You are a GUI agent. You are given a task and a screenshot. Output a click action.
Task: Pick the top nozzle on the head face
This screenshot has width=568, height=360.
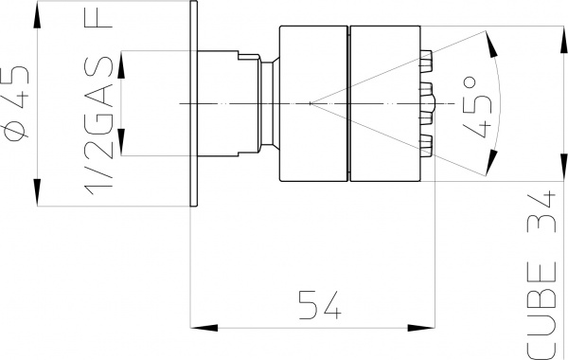click(425, 59)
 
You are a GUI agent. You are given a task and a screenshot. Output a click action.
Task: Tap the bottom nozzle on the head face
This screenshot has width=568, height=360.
click(425, 143)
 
